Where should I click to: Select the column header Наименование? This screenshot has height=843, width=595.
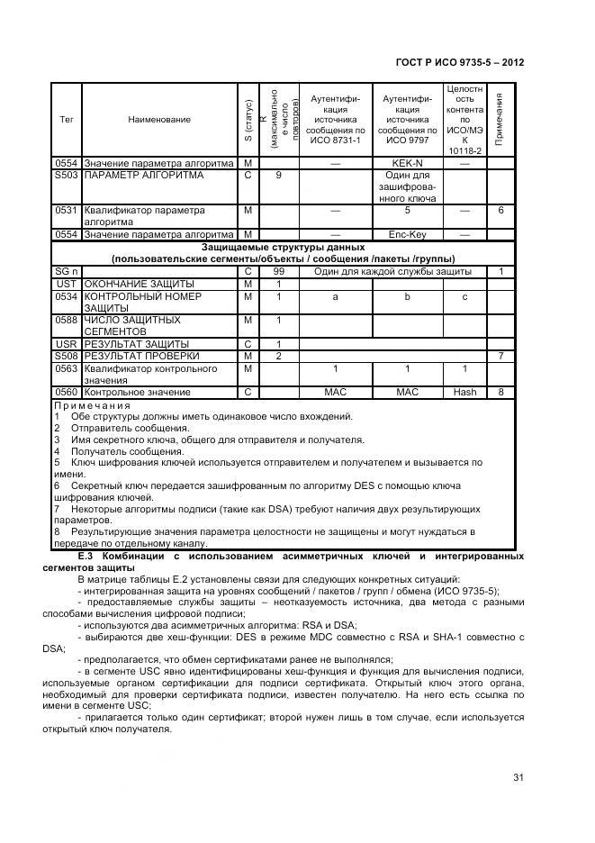pyautogui.click(x=159, y=119)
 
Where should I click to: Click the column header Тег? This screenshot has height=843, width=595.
pyautogui.click(x=66, y=119)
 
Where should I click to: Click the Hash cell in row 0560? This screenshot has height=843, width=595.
pyautogui.click(x=464, y=392)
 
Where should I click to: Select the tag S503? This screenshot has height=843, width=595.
pyautogui.click(x=67, y=175)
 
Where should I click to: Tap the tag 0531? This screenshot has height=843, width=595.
pyautogui.click(x=67, y=210)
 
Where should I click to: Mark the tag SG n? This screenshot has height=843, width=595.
pyautogui.click(x=67, y=271)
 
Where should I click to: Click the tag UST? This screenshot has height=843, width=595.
pyautogui.click(x=67, y=284)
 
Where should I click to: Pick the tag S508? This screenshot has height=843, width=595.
pyautogui.click(x=67, y=356)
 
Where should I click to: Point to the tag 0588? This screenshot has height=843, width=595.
pyautogui.click(x=67, y=320)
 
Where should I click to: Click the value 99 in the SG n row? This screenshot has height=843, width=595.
pyautogui.click(x=279, y=271)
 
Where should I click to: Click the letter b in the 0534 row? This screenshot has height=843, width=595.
pyautogui.click(x=407, y=295)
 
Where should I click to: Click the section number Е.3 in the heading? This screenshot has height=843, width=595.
pyautogui.click(x=86, y=557)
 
